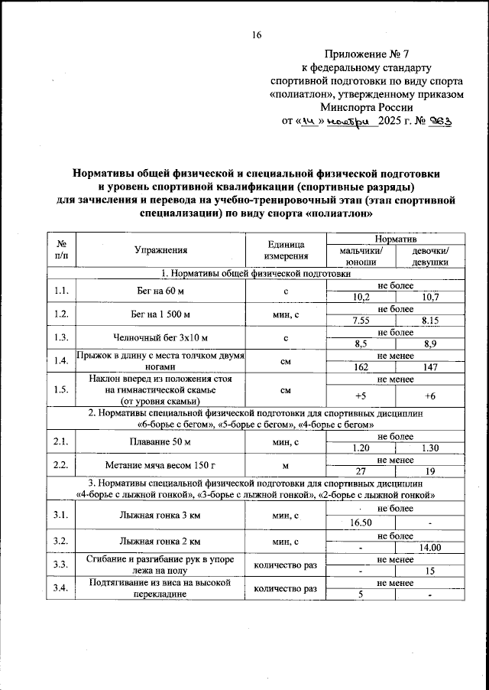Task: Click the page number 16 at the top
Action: [257, 34]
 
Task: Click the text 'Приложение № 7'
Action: [368, 54]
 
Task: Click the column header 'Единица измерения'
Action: [287, 249]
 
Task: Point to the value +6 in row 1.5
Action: [429, 396]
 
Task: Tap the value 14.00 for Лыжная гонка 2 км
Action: [429, 546]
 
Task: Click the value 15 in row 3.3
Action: [429, 570]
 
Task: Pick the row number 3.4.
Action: [61, 588]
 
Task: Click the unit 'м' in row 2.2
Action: [287, 465]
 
